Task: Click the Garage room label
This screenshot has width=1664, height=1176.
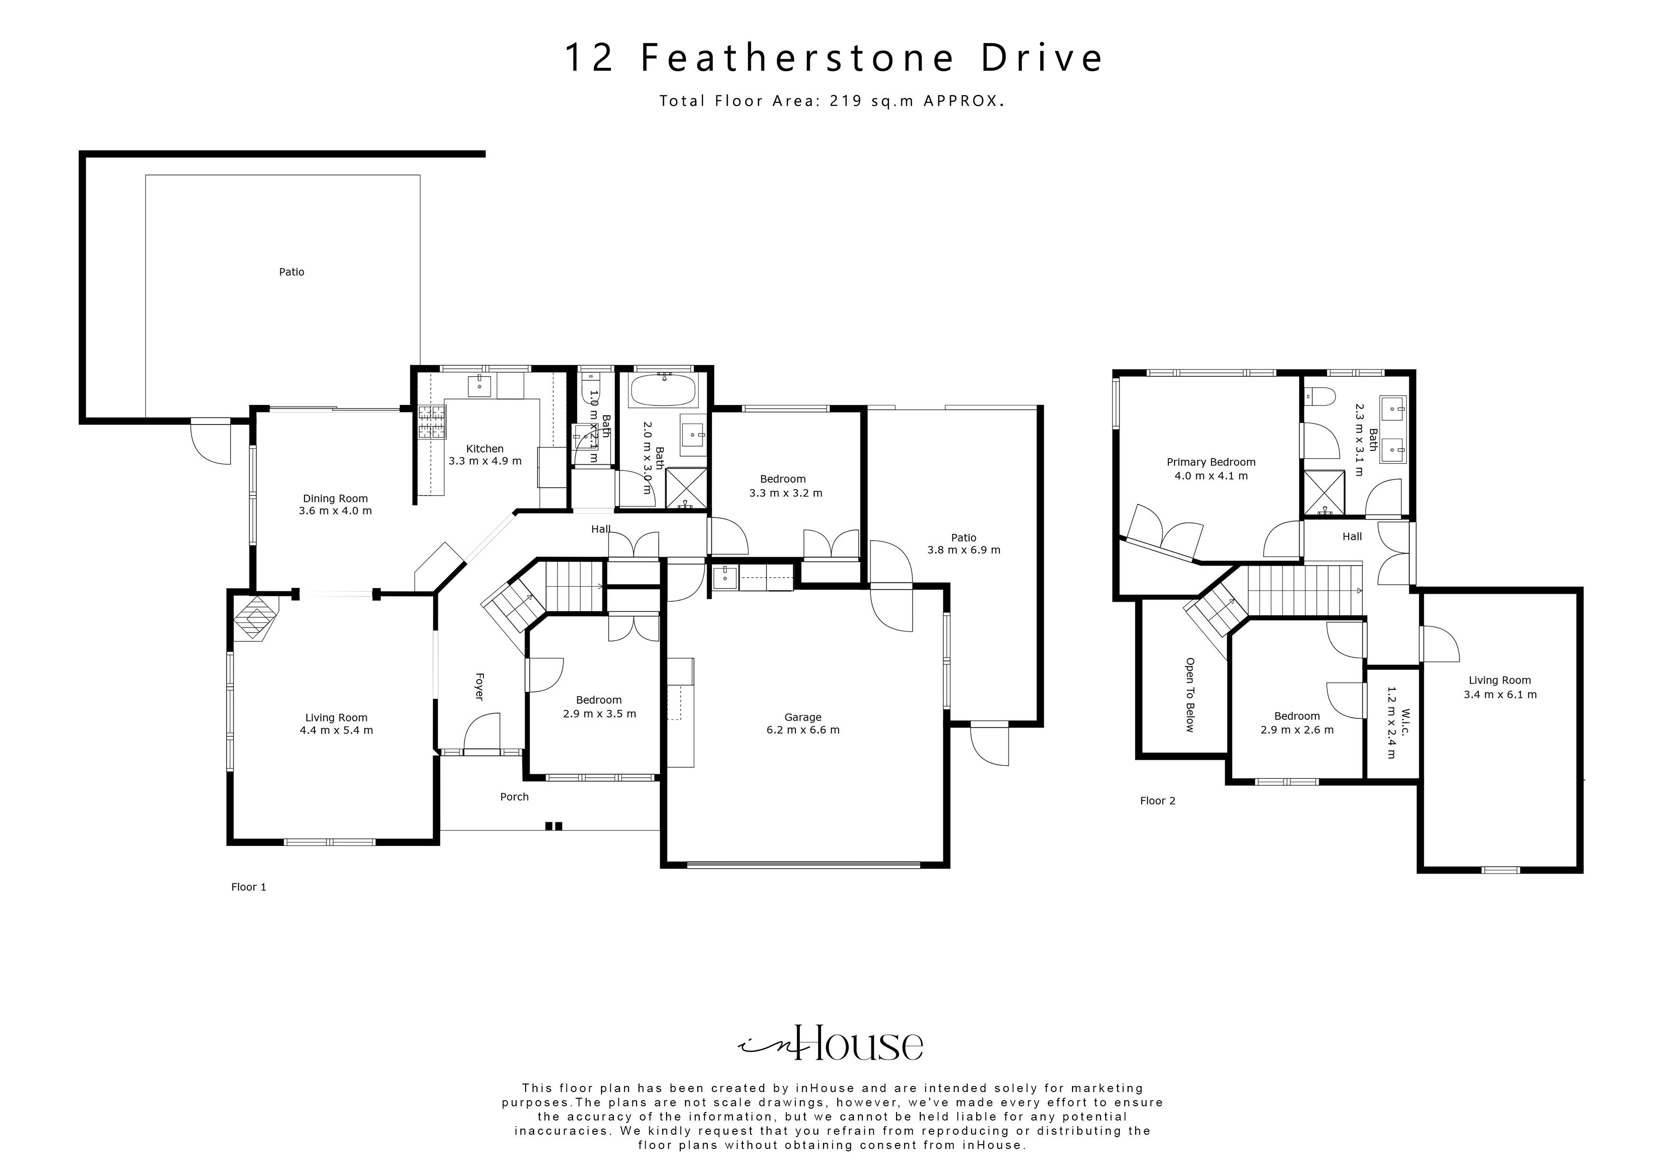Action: [802, 717]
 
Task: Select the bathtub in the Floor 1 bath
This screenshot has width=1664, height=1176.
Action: [664, 391]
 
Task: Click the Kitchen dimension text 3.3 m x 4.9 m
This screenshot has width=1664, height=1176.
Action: [485, 461]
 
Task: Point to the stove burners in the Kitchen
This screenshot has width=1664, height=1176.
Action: [432, 423]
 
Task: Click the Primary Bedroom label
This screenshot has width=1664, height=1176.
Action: [1211, 462]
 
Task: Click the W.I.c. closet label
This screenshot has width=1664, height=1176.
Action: [1405, 722]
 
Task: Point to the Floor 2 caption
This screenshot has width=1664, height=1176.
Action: [1157, 800]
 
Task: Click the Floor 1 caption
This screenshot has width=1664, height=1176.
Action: [249, 887]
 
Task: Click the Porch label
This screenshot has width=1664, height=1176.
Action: [515, 797]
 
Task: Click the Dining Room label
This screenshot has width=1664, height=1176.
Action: [335, 498]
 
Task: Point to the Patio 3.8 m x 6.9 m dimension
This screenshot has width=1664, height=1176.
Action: [963, 550]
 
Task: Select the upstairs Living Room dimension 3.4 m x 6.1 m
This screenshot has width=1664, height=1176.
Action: [1499, 694]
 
